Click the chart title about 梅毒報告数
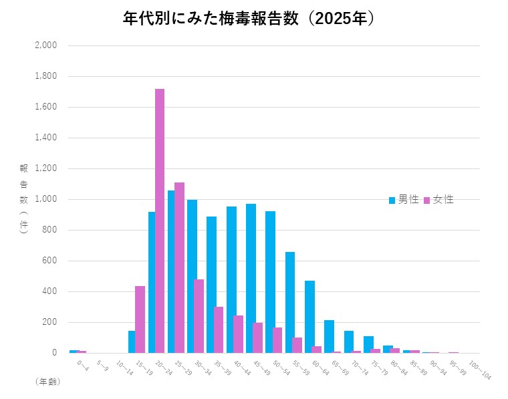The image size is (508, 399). click(x=249, y=18)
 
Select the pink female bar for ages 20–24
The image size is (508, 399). click(x=160, y=221)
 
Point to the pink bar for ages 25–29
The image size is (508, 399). click(x=179, y=267)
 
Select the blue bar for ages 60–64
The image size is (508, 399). click(x=309, y=317)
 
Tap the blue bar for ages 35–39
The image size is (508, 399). click(x=211, y=285)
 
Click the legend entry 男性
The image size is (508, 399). click(x=404, y=200)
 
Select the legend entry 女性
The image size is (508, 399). click(x=438, y=200)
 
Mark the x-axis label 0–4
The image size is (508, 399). click(x=82, y=366)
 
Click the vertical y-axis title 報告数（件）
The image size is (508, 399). click(x=23, y=198)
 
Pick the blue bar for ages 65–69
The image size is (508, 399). click(x=329, y=336)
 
